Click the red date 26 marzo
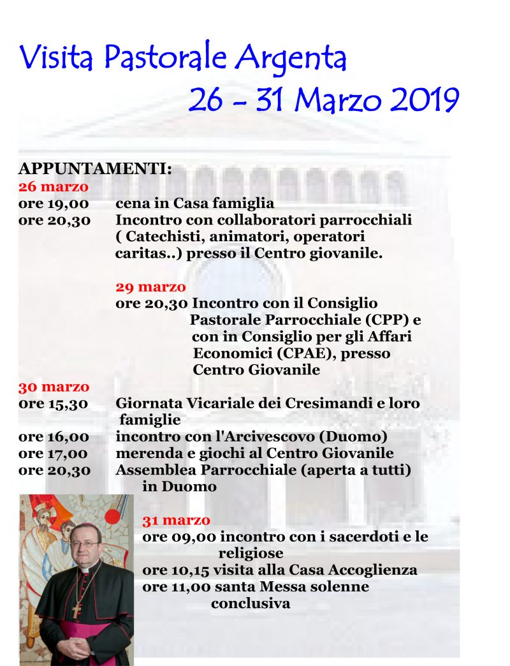point(54,187)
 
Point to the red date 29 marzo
point(151,286)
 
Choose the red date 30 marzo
point(54,387)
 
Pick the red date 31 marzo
point(177,520)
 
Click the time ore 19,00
point(54,204)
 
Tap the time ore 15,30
point(54,404)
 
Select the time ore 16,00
point(54,437)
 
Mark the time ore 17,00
point(54,454)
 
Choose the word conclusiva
point(251,603)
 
